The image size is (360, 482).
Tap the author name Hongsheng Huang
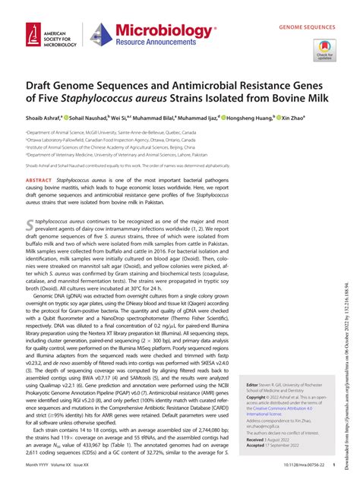(251, 118)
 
